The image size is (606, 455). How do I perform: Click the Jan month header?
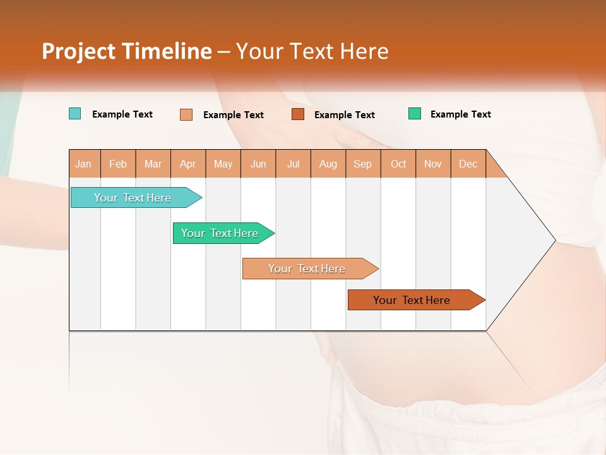coord(83,164)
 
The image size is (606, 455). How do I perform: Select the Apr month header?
coord(188,164)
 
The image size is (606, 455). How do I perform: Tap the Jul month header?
coord(294,164)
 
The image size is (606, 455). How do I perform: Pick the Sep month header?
coord(362,164)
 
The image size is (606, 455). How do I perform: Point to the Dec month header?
coord(468,164)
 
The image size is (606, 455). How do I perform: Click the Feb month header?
coord(118,164)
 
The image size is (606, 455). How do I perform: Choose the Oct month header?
coord(398,164)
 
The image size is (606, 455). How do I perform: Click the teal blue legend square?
coord(74,114)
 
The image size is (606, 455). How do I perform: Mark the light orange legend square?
coord(186,114)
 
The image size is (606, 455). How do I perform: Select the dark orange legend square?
coord(298,114)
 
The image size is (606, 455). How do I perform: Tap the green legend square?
coord(415,114)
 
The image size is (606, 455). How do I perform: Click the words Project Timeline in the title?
coord(126,51)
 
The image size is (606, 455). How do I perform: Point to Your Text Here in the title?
coord(312,51)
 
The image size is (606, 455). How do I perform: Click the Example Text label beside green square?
coord(460,114)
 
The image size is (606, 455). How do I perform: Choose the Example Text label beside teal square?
coord(122,114)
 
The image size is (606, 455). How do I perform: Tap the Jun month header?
coord(258,164)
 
